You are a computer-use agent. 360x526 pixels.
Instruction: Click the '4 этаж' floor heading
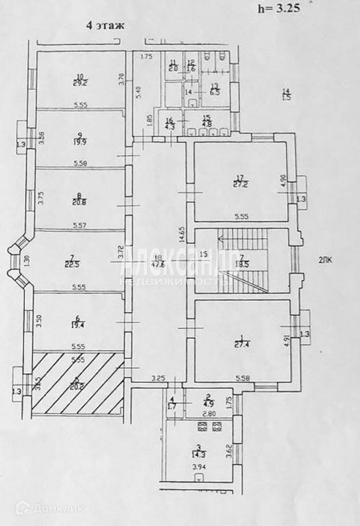[x=105, y=25]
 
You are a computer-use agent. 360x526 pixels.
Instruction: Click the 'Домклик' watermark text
[x=58, y=509]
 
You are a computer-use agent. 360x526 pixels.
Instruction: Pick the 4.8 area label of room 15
[x=208, y=122]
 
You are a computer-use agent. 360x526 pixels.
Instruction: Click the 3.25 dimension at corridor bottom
[x=157, y=378]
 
